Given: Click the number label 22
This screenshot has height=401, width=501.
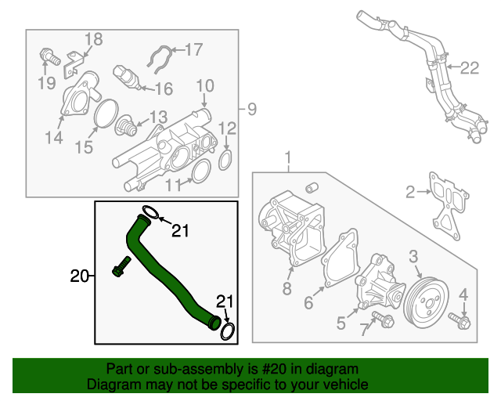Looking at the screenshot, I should pyautogui.click(x=468, y=69).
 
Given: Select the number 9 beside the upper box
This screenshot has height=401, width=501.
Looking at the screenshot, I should pyautogui.click(x=251, y=108).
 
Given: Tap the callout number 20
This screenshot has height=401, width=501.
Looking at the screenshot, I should pyautogui.click(x=79, y=276).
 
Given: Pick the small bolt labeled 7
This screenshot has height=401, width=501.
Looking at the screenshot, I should pyautogui.click(x=384, y=317).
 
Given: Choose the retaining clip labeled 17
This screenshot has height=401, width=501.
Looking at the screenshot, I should pyautogui.click(x=159, y=60).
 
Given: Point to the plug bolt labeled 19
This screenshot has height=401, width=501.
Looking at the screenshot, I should pyautogui.click(x=49, y=56).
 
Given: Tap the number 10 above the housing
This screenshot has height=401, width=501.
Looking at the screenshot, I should pyautogui.click(x=204, y=85).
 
